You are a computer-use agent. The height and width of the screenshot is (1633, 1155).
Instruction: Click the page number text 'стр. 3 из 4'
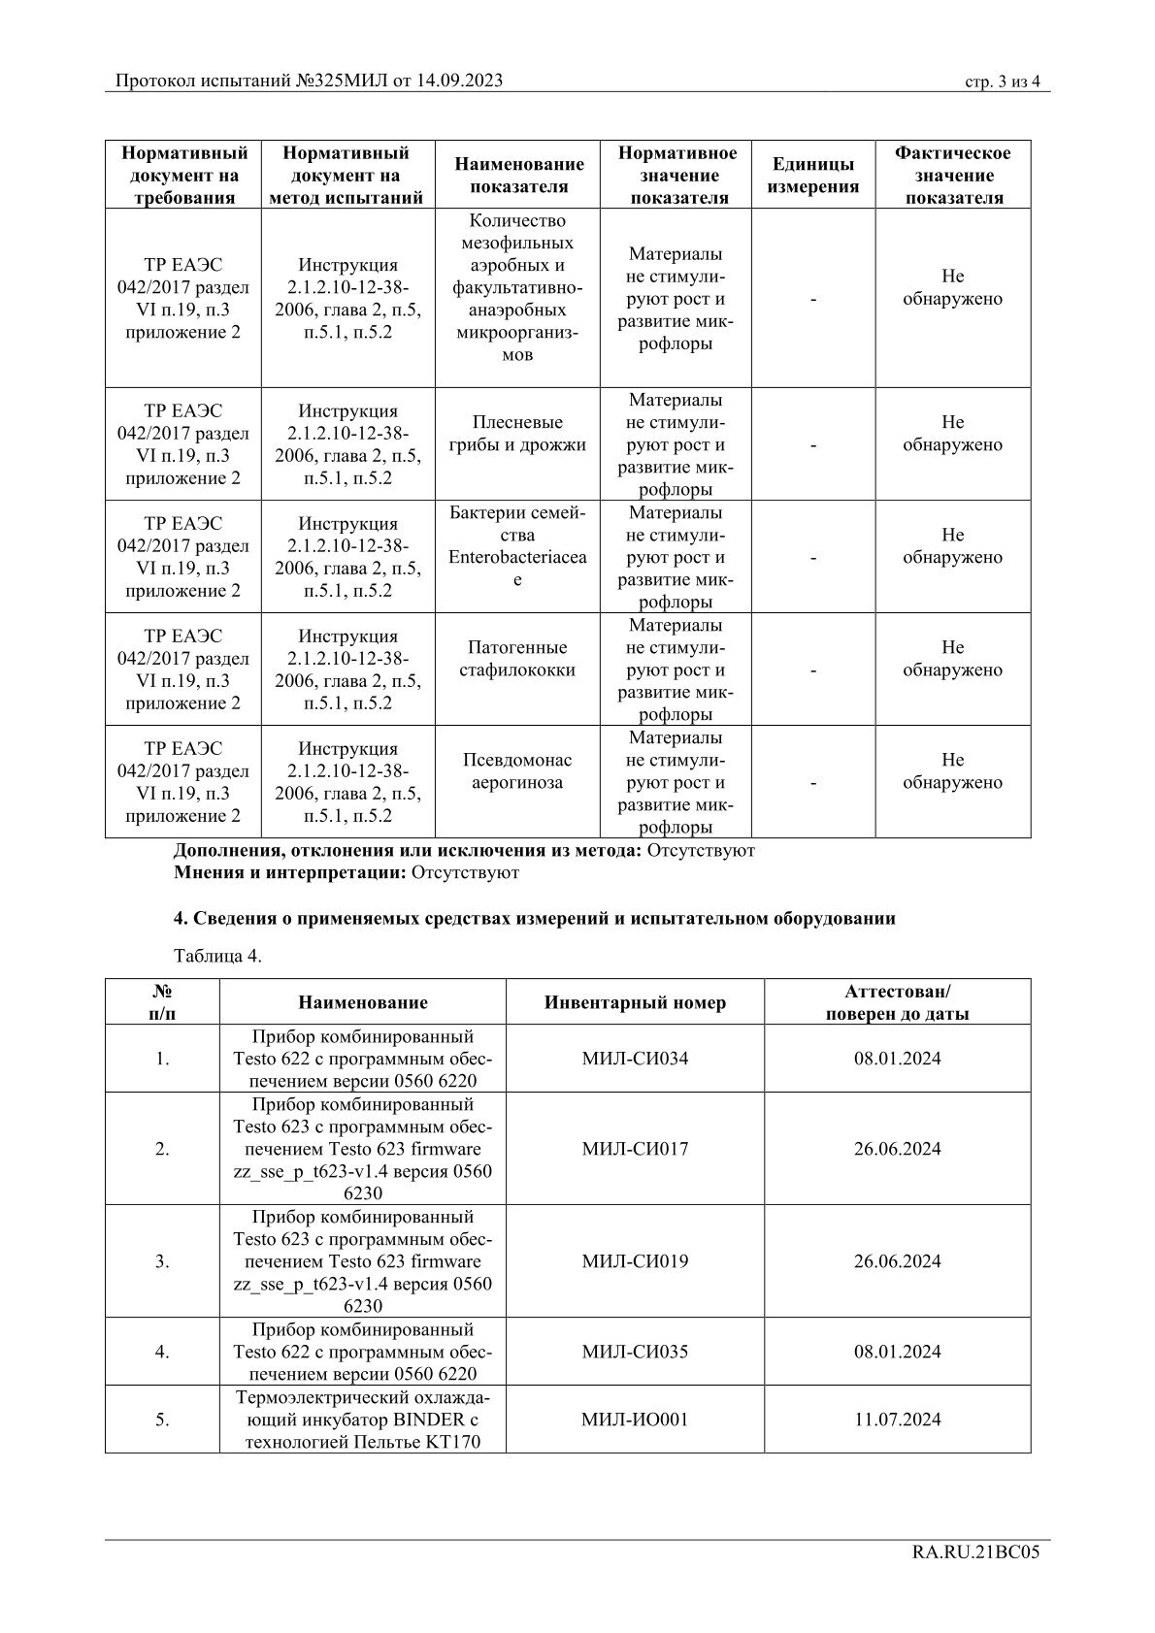1003,82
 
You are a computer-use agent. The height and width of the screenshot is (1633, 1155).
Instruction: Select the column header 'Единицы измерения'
813,176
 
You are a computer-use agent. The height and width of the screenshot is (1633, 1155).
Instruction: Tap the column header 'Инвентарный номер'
635,1002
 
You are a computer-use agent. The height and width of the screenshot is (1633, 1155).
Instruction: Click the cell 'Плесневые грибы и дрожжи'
516,434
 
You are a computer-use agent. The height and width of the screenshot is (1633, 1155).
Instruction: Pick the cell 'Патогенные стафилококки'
516,659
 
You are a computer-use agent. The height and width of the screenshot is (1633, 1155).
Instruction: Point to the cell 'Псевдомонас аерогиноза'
516,771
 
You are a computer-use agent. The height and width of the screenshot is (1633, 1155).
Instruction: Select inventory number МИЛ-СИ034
635,1059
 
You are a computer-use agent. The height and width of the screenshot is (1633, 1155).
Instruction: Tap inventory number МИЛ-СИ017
635,1149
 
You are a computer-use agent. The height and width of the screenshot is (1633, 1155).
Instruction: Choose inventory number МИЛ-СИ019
635,1261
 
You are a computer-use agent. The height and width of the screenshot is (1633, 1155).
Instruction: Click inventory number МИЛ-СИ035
635,1352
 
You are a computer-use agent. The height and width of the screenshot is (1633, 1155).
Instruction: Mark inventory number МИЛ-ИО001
635,1420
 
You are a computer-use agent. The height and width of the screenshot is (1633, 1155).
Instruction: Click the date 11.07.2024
897,1420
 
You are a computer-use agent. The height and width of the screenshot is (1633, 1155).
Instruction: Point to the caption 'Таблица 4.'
217,956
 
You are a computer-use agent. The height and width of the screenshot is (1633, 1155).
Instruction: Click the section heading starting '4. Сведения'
534,918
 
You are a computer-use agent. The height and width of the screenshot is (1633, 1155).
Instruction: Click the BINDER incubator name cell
362,1420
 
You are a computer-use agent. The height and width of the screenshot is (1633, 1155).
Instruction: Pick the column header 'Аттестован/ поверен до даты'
897,1002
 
